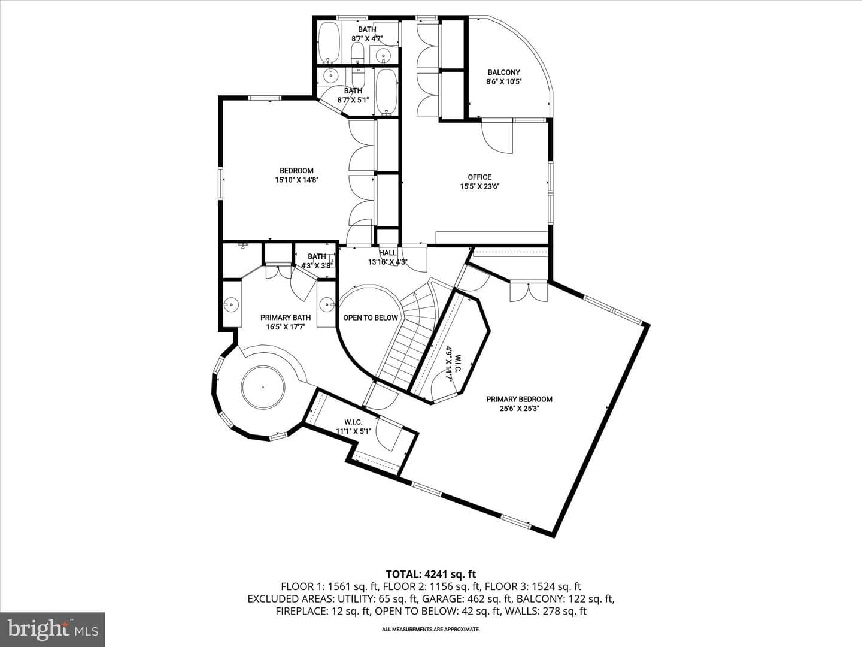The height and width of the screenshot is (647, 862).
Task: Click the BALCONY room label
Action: click(x=503, y=72)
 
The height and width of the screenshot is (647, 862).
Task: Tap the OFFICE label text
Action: click(x=479, y=177)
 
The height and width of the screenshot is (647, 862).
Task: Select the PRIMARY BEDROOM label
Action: click(x=519, y=399)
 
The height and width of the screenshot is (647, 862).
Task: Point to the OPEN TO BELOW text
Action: click(x=371, y=318)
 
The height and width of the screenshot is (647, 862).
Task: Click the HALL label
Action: click(x=388, y=253)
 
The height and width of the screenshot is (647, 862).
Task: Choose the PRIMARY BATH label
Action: click(x=286, y=318)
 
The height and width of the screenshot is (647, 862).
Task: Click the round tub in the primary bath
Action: click(x=263, y=388)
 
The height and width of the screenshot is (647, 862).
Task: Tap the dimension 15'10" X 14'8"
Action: click(x=296, y=180)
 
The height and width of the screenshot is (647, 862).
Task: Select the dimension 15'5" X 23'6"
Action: click(x=479, y=186)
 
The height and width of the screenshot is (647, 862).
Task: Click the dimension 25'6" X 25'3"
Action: click(x=519, y=409)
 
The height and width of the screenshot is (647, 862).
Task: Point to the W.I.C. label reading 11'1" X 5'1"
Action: click(x=353, y=427)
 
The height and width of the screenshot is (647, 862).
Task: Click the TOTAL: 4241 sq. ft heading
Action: click(x=431, y=575)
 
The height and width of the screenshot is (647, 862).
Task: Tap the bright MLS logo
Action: click(x=53, y=629)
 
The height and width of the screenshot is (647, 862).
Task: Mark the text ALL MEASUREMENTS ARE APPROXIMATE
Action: click(x=431, y=629)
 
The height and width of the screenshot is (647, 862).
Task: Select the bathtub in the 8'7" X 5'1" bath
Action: click(x=387, y=93)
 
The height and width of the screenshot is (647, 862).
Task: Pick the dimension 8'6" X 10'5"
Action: click(x=503, y=81)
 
